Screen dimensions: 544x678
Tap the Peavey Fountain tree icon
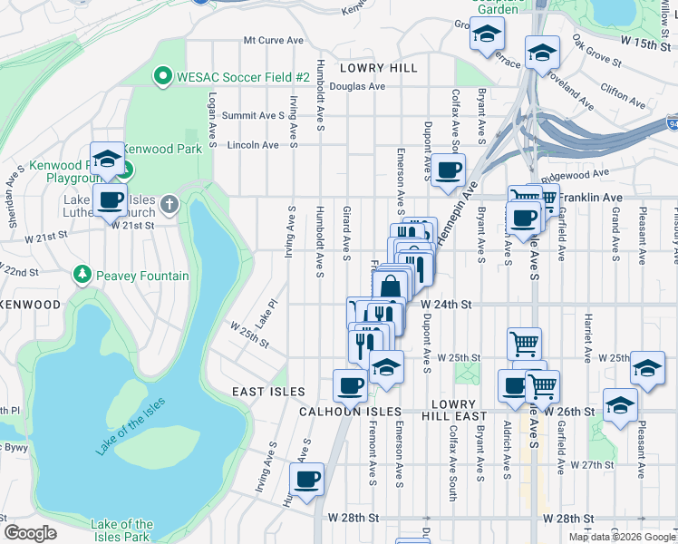point(82,275)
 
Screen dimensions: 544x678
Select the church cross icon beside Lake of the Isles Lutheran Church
point(169,205)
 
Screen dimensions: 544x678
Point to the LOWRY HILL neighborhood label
point(379,68)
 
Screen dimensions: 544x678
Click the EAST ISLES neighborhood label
point(268,392)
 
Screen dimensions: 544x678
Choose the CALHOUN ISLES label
point(350,412)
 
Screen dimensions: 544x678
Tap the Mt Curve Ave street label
point(273,41)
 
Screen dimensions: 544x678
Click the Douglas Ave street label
point(357,87)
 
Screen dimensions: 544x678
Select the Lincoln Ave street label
point(252,145)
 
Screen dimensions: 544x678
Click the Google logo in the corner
point(31,532)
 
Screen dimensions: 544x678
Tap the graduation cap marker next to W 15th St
point(542,55)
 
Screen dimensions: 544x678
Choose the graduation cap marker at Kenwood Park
point(107,159)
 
